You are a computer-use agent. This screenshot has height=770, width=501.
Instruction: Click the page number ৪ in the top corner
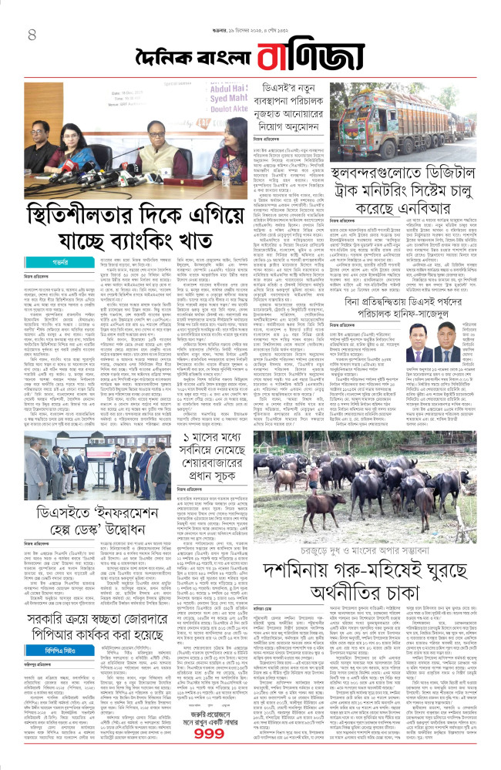pos(32,35)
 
